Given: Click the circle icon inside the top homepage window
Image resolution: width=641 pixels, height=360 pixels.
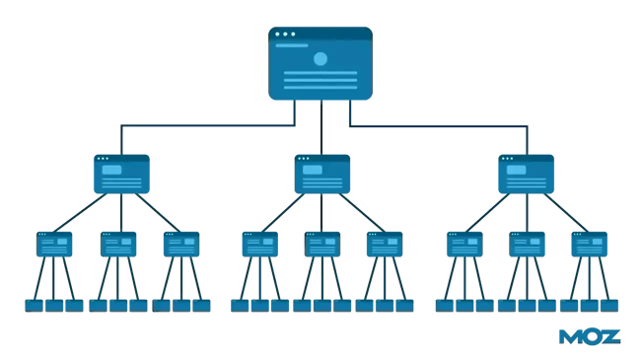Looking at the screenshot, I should point(320,59).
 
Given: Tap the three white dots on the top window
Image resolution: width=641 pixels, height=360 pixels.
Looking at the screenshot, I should point(285,34).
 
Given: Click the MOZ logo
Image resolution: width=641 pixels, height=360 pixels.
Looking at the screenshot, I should point(590,337).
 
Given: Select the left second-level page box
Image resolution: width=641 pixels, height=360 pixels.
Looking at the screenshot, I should point(121,174).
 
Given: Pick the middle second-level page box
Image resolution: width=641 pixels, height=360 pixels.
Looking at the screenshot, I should point(322,174).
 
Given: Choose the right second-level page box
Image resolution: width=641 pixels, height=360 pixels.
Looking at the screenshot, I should point(526,174).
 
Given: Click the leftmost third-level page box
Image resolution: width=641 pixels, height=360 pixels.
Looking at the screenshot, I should point(54,244).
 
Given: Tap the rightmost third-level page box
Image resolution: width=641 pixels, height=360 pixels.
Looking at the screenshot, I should point(590,244).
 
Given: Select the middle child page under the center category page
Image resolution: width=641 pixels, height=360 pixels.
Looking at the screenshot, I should point(322,244).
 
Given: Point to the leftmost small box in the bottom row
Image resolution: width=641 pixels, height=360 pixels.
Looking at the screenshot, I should point(35,306).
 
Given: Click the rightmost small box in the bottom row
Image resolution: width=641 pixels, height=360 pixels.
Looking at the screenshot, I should point(610,306).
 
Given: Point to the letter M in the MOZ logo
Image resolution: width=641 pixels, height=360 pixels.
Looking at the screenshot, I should point(571,337).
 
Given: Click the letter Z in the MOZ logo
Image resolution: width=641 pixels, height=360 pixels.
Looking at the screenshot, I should point(610,337).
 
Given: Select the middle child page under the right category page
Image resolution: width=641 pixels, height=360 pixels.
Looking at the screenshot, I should point(527,244).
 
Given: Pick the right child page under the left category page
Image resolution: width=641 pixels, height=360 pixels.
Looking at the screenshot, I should point(181,244).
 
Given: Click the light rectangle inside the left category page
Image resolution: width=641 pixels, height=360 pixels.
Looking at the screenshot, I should point(112,170).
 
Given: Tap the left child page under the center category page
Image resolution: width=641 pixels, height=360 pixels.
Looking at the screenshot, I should point(260,244).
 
